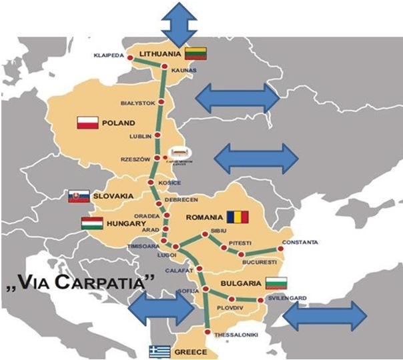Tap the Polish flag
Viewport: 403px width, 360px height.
coord(88,123)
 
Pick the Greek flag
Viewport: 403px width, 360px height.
coord(159,351)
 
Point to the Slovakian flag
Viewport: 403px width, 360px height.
coord(78,196)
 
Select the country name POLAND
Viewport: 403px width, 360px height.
coord(119,123)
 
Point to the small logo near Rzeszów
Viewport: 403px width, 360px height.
coord(177,153)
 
